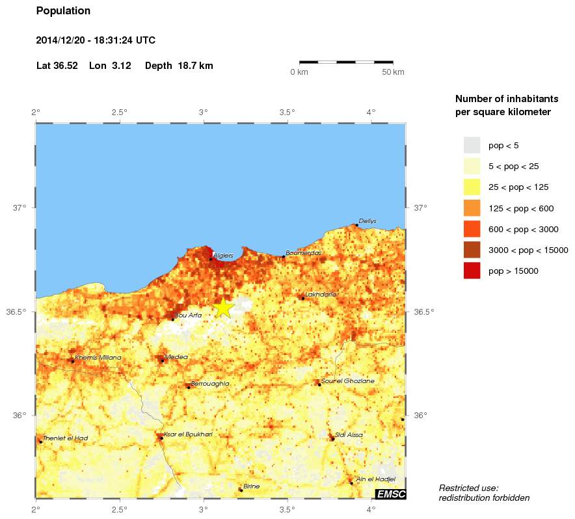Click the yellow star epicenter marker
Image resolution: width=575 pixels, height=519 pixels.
pos(223,307)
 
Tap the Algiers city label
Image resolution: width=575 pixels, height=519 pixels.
pos(223,256)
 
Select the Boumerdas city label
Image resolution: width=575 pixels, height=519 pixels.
pos(304,253)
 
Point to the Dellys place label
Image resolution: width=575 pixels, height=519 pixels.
pos(368,221)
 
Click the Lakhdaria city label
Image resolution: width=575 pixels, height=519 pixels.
pos(321,295)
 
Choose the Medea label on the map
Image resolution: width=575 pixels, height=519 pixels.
pos(176,357)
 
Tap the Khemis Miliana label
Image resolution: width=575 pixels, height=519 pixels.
pos(98,358)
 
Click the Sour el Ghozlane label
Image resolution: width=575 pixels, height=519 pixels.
pos(347,381)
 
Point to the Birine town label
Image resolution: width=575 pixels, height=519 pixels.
pos(251,486)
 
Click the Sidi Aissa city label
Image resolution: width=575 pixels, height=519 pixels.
pos(349,435)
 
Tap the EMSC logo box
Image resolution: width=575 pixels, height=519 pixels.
pos(391,494)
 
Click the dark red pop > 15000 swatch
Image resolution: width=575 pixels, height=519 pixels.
pos(472,271)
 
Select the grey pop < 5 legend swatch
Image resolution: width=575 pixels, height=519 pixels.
pos(472,145)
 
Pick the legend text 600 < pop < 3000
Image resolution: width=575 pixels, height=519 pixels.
pos(523,230)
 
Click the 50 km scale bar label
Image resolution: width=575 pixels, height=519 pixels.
pos(392,72)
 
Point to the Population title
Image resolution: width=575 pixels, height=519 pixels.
pos(63,11)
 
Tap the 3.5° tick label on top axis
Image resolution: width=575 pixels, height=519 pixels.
pos(287,113)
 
